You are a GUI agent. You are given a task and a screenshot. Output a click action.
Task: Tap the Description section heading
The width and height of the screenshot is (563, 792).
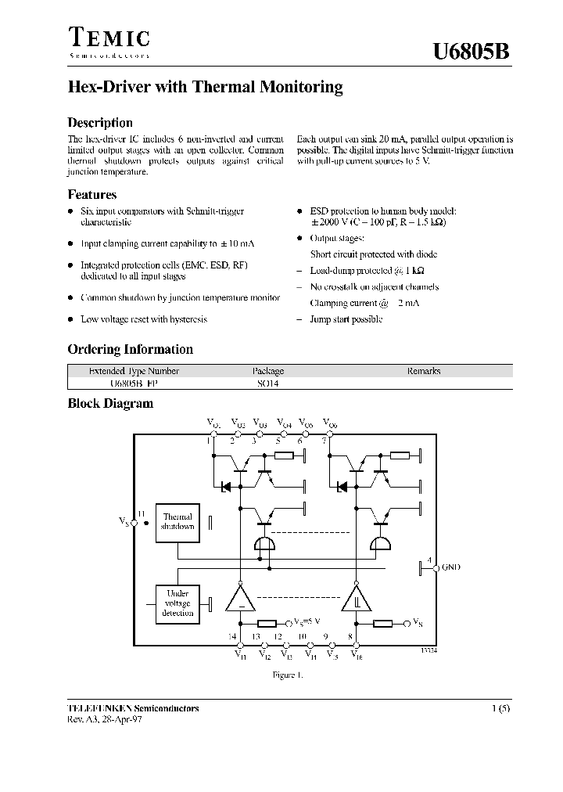[x=100, y=123]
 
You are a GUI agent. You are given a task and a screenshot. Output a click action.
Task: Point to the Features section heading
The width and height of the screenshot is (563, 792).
[x=92, y=195]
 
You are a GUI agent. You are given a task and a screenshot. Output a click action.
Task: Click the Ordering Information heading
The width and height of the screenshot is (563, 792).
[x=130, y=349]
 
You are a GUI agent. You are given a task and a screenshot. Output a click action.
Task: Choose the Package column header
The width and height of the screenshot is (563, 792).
[x=267, y=371]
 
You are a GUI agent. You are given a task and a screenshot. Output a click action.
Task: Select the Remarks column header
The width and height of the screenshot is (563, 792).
[x=423, y=371]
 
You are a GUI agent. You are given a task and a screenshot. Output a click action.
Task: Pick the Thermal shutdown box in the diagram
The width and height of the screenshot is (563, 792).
[x=177, y=522]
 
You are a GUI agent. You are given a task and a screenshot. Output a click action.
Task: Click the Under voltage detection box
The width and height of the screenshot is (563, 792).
[x=177, y=603]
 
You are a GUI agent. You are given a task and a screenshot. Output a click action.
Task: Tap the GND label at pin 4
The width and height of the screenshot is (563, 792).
[x=451, y=567]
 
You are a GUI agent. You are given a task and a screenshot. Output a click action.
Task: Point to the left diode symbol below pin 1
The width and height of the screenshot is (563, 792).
[x=224, y=486]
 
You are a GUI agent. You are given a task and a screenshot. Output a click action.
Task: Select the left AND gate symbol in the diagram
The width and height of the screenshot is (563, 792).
[x=267, y=544]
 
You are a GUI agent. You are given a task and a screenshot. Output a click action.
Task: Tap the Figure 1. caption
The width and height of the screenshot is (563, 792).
[x=286, y=674]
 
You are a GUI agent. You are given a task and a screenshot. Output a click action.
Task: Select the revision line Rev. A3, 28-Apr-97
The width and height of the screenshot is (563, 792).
[x=105, y=719]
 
